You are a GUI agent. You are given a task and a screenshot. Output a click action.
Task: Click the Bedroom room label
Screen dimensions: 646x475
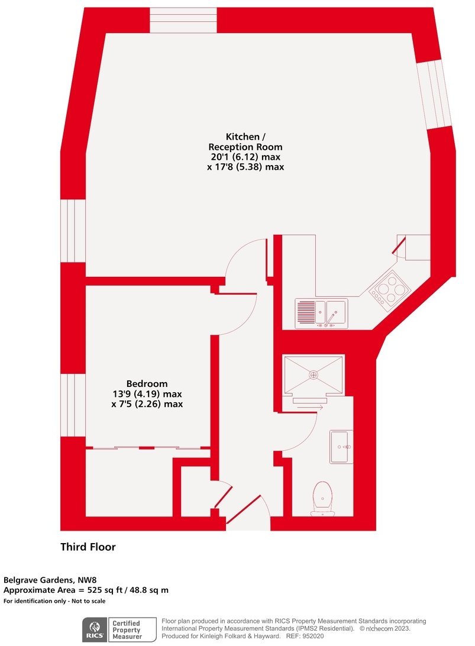click(147, 383)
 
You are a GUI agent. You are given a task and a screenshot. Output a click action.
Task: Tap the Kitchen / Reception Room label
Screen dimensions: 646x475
click(245, 141)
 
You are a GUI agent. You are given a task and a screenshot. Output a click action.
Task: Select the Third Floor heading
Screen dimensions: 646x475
click(88, 547)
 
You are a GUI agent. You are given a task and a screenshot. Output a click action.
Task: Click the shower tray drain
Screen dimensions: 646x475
click(313, 374)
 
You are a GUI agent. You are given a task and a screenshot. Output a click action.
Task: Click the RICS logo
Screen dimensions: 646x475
click(93, 629)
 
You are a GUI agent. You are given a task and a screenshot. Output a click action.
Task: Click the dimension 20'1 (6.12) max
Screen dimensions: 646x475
click(245, 157)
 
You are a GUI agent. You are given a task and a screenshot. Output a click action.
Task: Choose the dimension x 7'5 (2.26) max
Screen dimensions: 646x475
click(147, 405)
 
